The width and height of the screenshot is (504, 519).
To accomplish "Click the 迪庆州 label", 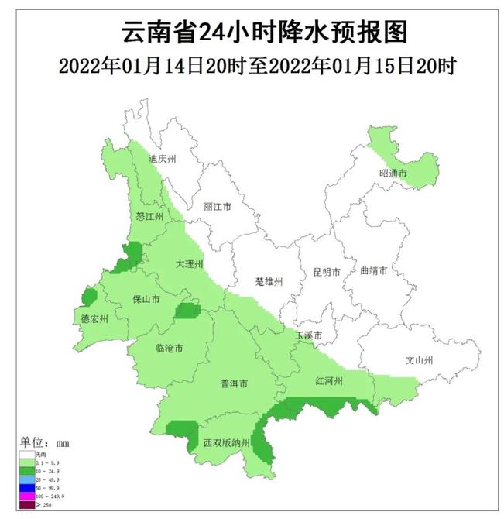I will (x=163, y=159).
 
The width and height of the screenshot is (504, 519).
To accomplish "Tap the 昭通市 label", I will (x=393, y=173).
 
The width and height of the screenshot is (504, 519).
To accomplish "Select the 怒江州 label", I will (x=149, y=217).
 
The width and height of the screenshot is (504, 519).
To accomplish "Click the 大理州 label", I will (x=189, y=265).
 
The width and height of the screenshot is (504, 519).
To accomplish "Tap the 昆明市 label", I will (x=327, y=273).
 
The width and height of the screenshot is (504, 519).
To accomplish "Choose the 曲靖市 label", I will (x=373, y=272).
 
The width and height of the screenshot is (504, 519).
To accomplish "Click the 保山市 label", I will (x=146, y=298).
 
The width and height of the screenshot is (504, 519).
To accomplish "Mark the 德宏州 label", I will (x=94, y=318).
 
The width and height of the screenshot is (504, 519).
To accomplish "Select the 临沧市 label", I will (x=169, y=349).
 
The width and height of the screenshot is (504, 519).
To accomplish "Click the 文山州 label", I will (x=419, y=360).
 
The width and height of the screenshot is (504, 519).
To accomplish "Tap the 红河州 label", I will (x=328, y=383).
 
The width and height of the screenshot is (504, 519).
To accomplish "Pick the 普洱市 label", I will (x=234, y=384).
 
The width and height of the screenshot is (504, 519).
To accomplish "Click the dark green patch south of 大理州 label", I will (x=187, y=311).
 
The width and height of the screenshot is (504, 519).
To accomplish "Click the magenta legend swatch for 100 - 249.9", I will (x=27, y=496).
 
